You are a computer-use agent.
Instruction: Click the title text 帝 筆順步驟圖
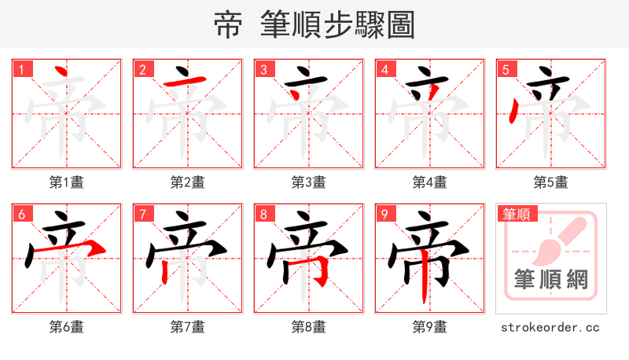[x=314, y=25]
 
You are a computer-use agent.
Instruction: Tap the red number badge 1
[x=20, y=70]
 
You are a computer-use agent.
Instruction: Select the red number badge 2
[x=142, y=70]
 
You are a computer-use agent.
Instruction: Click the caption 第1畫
[x=67, y=182]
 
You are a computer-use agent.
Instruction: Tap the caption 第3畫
[x=309, y=182]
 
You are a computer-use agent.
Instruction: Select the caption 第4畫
[x=430, y=182]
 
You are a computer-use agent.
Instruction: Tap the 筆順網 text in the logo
[x=550, y=280]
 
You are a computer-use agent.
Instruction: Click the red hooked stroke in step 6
[x=86, y=249]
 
